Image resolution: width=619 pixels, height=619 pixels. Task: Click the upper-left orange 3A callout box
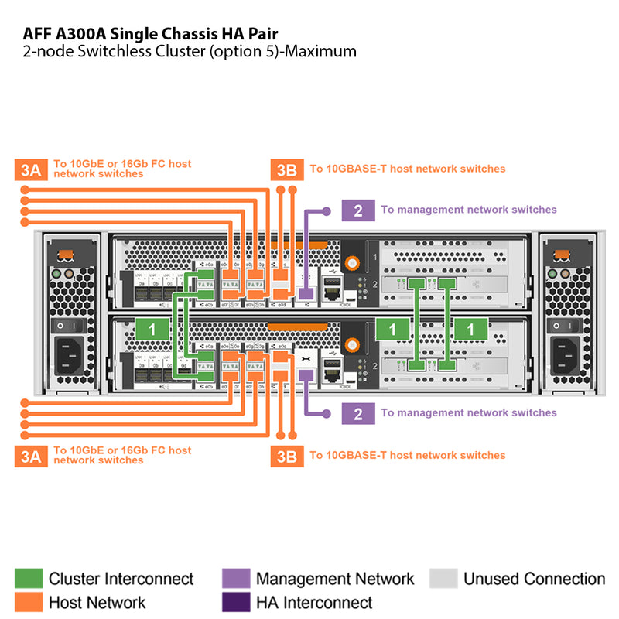click(30, 169)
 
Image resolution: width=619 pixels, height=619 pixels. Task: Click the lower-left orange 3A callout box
click(30, 457)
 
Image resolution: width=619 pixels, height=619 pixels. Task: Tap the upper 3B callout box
click(286, 169)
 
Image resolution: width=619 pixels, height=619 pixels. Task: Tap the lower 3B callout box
click(286, 457)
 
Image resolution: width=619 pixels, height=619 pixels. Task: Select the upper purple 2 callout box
click(357, 210)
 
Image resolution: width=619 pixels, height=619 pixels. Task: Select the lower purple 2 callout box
click(357, 413)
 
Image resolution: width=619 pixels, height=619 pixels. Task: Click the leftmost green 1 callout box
click(152, 329)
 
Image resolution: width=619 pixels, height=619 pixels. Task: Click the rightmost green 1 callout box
click(470, 329)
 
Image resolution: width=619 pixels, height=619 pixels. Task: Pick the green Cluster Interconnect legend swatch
click(29, 579)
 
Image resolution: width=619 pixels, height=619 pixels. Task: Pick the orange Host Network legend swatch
click(29, 602)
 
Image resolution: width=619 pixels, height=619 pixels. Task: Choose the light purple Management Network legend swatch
click(236, 579)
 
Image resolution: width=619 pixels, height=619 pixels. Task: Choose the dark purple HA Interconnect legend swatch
click(236, 602)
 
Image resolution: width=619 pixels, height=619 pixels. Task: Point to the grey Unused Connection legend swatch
click(443, 579)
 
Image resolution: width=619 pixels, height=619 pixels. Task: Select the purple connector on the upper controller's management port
click(305, 293)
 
